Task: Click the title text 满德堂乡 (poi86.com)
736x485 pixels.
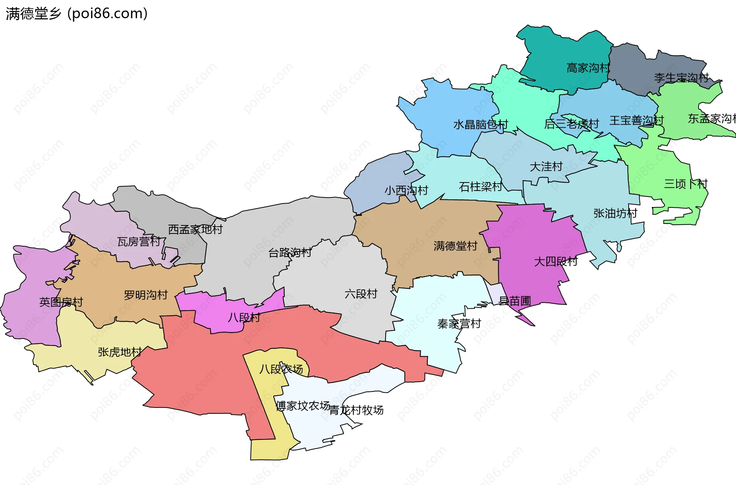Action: click(77, 14)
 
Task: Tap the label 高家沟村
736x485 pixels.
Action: click(588, 68)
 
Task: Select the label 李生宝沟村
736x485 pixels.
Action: click(681, 78)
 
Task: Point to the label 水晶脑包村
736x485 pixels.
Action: click(480, 125)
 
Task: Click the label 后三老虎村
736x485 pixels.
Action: click(571, 124)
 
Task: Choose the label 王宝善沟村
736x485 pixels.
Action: click(636, 120)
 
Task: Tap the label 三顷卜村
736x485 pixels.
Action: click(685, 184)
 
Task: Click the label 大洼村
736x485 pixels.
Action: click(546, 167)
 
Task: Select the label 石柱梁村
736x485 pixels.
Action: click(480, 187)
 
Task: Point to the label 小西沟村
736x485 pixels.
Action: click(406, 190)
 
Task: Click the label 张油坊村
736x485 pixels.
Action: click(615, 213)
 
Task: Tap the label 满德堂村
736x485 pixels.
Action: click(455, 246)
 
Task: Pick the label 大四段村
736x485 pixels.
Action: click(555, 261)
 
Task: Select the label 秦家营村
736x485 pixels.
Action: click(459, 324)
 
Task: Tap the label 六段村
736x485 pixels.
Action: click(361, 294)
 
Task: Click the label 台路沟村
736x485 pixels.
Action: click(289, 253)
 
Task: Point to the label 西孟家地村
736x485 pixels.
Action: click(195, 229)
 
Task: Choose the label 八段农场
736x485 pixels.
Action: click(281, 369)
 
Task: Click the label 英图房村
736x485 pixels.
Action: click(61, 302)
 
